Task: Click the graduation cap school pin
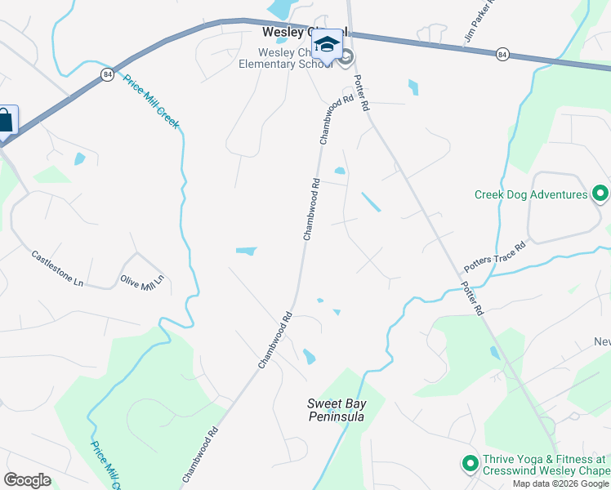[327, 45]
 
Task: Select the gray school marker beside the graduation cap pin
[346, 56]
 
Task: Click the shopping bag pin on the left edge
[4, 121]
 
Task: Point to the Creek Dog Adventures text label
[531, 194]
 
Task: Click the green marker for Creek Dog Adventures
[600, 194]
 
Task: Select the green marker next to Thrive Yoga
[470, 464]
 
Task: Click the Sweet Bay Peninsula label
[335, 410]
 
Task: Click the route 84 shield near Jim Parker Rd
[502, 54]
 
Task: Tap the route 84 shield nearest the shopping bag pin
[107, 74]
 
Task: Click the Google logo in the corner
[27, 480]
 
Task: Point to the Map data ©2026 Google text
[560, 483]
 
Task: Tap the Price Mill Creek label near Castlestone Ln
[152, 101]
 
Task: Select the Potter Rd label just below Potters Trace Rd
[472, 300]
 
